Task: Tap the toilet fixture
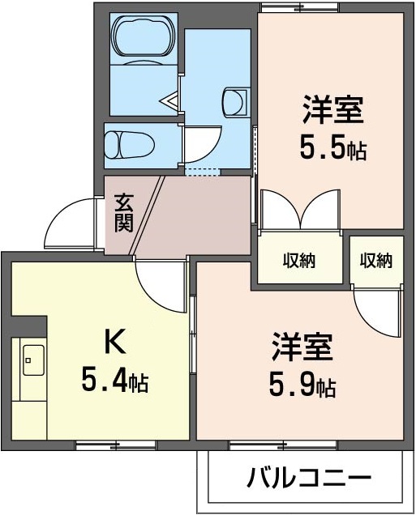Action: pos(130,145)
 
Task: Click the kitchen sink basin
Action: pos(33,360)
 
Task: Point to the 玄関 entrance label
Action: pos(123,214)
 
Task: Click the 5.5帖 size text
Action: pos(332,149)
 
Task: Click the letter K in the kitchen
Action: pos(115,342)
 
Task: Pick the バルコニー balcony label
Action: pos(309,477)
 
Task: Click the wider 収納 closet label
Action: pos(299,261)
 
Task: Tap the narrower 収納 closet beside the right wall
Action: pos(376,261)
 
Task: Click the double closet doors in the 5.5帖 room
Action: pos(300,209)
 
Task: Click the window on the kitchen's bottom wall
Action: pos(116,445)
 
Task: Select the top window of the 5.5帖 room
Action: pos(299,7)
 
